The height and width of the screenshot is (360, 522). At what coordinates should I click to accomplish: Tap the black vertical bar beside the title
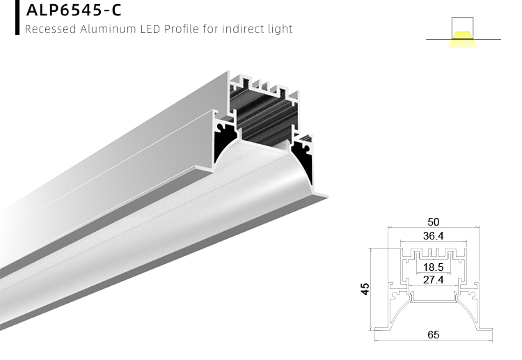coord(17,17)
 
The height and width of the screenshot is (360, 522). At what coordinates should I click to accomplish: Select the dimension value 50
coord(432,221)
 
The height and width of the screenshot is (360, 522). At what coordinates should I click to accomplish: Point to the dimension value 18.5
coord(433,267)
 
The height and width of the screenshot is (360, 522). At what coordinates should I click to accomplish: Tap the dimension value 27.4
coord(433,280)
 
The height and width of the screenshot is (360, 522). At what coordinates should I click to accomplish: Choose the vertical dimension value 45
coord(364,288)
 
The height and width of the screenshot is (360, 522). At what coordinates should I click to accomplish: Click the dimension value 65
coord(433,335)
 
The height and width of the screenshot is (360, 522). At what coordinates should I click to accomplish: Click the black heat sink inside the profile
coord(264,118)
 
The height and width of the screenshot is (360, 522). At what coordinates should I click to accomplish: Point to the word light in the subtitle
coord(281,29)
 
